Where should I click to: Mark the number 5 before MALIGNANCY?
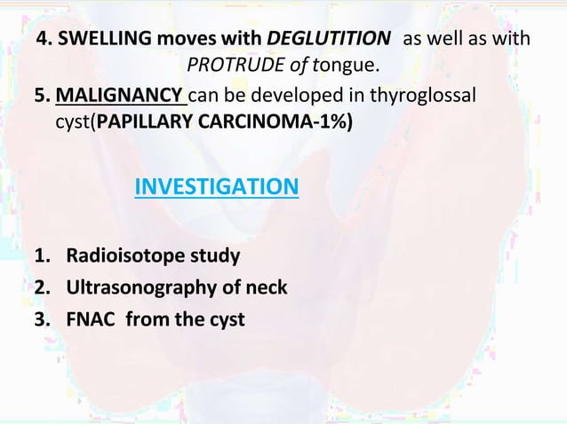coord(39,94)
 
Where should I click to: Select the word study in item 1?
coord(218,257)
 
